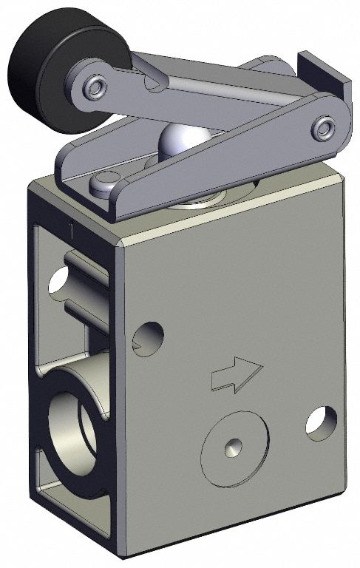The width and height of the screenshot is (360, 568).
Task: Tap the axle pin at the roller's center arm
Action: [93, 88]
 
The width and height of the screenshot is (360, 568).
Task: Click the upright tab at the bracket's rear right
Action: [322, 74]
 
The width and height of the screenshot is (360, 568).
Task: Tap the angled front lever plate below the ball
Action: [222, 170]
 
